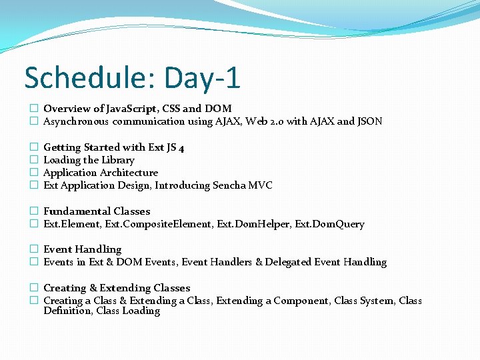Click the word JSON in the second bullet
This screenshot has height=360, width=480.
370,121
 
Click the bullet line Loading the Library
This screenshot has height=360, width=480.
89,160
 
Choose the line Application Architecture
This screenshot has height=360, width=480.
101,173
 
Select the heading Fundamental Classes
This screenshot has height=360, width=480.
97,211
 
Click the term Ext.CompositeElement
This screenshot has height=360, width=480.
158,224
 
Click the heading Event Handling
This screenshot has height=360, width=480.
82,249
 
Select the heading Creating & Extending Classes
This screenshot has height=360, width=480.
117,288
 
